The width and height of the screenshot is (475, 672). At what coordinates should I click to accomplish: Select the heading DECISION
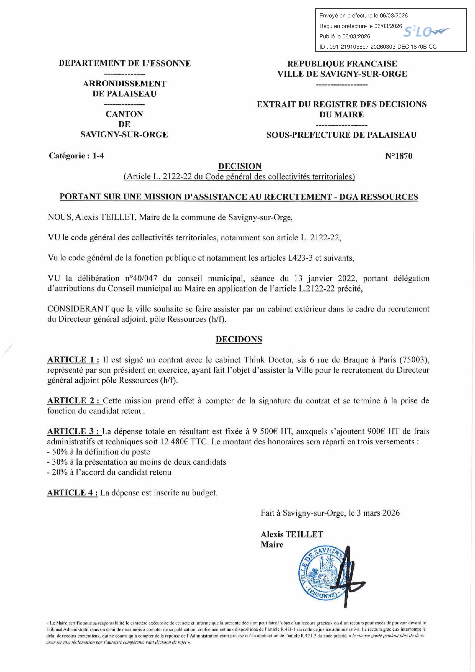tap(240, 166)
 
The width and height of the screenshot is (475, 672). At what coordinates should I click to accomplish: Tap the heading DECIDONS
tap(239, 339)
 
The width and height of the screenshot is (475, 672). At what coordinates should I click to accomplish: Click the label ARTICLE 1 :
tap(73, 360)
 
